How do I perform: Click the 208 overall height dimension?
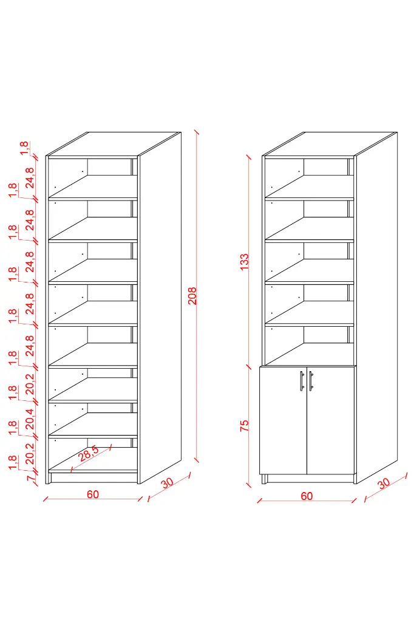click(192, 296)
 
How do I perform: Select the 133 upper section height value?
click(244, 262)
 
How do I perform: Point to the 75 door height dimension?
click(244, 426)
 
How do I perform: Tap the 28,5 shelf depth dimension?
click(89, 453)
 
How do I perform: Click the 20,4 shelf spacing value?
click(30, 419)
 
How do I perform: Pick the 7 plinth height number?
click(30, 479)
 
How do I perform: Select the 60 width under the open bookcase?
click(93, 494)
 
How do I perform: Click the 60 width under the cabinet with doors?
click(307, 496)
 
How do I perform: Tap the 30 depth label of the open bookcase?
click(168, 483)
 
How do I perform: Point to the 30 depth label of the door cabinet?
click(384, 484)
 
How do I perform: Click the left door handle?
click(302, 381)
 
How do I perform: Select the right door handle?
click(311, 381)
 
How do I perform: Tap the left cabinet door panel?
click(283, 420)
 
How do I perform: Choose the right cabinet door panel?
click(331, 420)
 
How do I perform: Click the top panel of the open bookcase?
click(114, 143)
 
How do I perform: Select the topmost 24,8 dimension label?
click(30, 178)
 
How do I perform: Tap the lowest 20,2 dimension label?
click(30, 454)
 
